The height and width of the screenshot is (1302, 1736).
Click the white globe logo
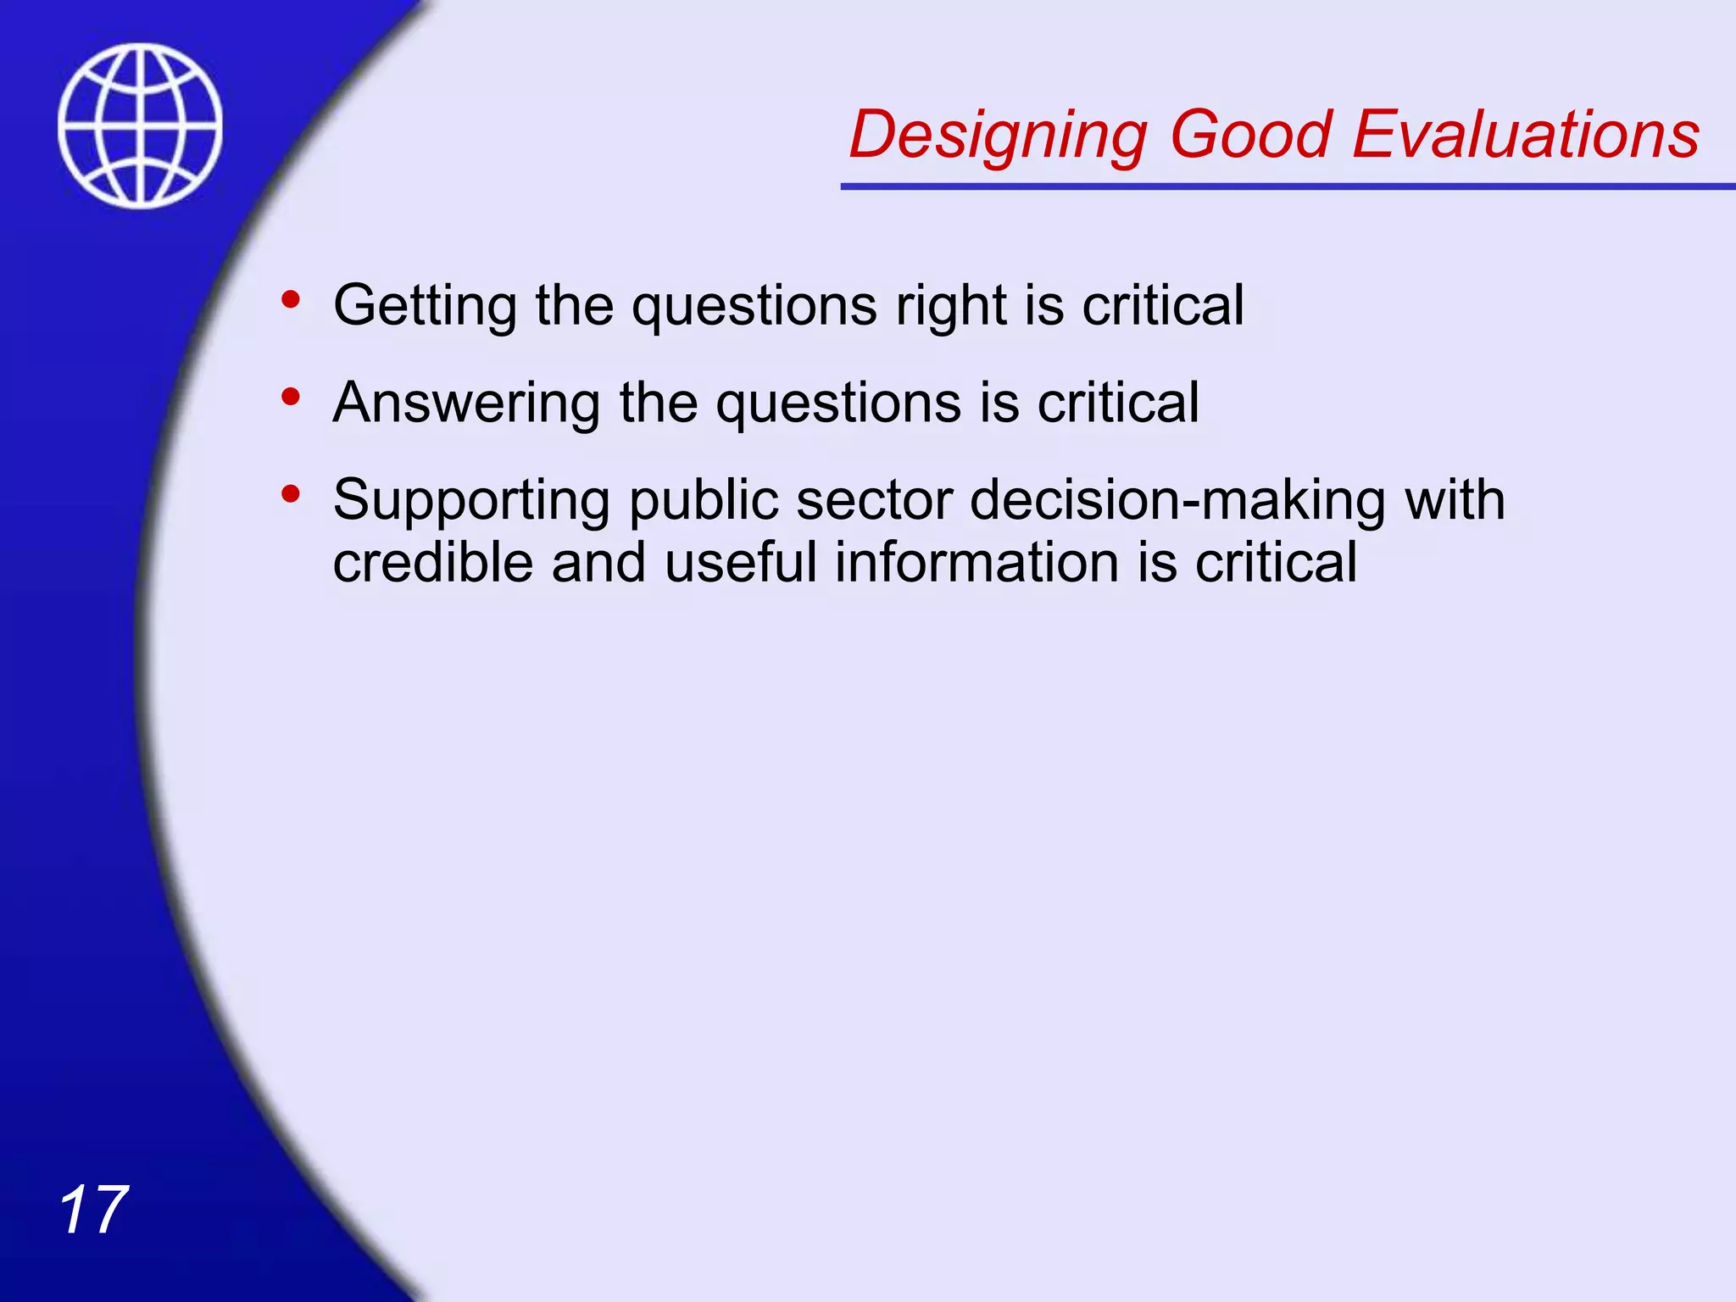click(x=140, y=125)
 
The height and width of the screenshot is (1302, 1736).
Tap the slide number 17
click(x=93, y=1210)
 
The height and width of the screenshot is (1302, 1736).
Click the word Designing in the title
click(x=998, y=136)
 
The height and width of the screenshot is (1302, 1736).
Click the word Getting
click(x=425, y=307)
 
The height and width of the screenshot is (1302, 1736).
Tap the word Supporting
click(x=471, y=502)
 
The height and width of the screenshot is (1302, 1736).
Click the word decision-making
click(x=1177, y=500)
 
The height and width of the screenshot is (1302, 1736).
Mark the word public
click(x=703, y=502)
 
